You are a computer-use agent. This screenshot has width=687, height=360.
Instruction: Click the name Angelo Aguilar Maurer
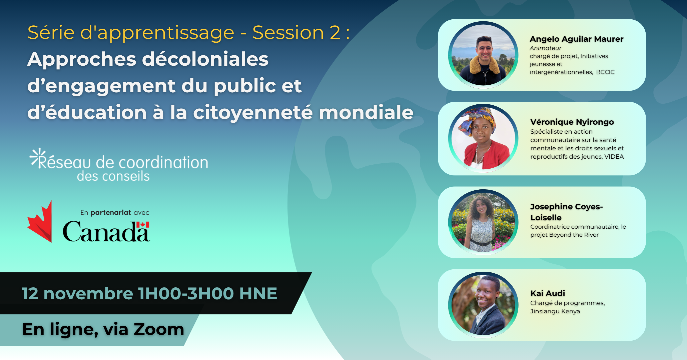pyautogui.click(x=576, y=39)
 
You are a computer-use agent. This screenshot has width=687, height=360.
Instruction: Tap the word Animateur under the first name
pyautogui.click(x=545, y=48)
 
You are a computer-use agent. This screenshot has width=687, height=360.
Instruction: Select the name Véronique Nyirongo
pyautogui.click(x=572, y=122)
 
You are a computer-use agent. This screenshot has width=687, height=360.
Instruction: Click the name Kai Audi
pyautogui.click(x=548, y=293)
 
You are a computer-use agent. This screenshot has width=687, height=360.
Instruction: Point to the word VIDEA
pyautogui.click(x=614, y=157)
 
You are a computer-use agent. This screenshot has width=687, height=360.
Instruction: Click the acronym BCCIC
pyautogui.click(x=605, y=72)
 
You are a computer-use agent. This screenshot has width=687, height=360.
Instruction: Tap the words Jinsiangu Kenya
pyautogui.click(x=555, y=311)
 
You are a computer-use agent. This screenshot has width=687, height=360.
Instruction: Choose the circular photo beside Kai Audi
pyautogui.click(x=483, y=305)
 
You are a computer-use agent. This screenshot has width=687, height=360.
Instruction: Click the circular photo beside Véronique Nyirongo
pyautogui.click(x=483, y=138)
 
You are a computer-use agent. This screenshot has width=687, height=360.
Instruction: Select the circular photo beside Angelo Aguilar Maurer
pyautogui.click(x=483, y=55)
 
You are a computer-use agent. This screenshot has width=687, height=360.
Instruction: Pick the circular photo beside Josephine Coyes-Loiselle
pyautogui.click(x=483, y=222)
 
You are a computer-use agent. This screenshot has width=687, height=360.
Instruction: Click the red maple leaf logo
pyautogui.click(x=40, y=221)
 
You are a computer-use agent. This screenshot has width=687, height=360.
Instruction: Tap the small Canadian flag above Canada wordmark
pyautogui.click(x=143, y=225)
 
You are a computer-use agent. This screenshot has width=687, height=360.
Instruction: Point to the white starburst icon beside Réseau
pyautogui.click(x=37, y=156)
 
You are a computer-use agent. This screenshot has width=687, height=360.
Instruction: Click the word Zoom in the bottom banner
pyautogui.click(x=159, y=329)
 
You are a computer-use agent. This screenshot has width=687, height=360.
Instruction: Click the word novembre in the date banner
pyautogui.click(x=88, y=294)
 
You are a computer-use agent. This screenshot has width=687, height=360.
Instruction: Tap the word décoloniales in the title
pyautogui.click(x=205, y=59)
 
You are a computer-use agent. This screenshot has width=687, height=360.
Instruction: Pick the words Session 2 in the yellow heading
pyautogui.click(x=296, y=33)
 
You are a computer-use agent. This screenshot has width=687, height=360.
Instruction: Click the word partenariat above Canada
pyautogui.click(x=111, y=213)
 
